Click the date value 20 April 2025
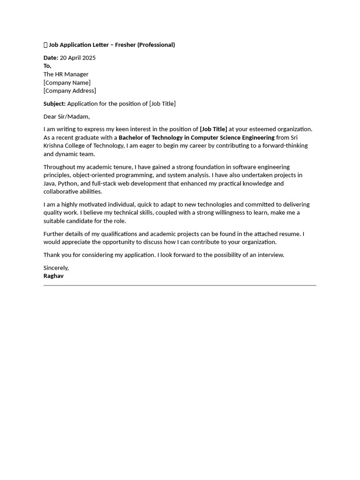pyautogui.click(x=78, y=58)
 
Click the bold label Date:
pyautogui.click(x=51, y=58)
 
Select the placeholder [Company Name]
pyautogui.click(x=67, y=82)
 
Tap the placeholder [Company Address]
pyautogui.click(x=70, y=91)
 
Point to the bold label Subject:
pyautogui.click(x=54, y=104)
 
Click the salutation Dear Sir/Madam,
pyautogui.click(x=67, y=116)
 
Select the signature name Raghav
pyautogui.click(x=53, y=276)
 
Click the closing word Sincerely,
pyautogui.click(x=56, y=268)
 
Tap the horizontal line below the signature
pyautogui.click(x=180, y=285)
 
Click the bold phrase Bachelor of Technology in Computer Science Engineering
pyautogui.click(x=196, y=137)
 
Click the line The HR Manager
pyautogui.click(x=66, y=74)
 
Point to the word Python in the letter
pyautogui.click(x=68, y=183)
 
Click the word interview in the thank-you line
pyautogui.click(x=270, y=255)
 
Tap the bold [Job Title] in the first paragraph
pyautogui.click(x=213, y=129)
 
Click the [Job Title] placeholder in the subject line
pyautogui.click(x=162, y=104)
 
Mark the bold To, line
pyautogui.click(x=47, y=66)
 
